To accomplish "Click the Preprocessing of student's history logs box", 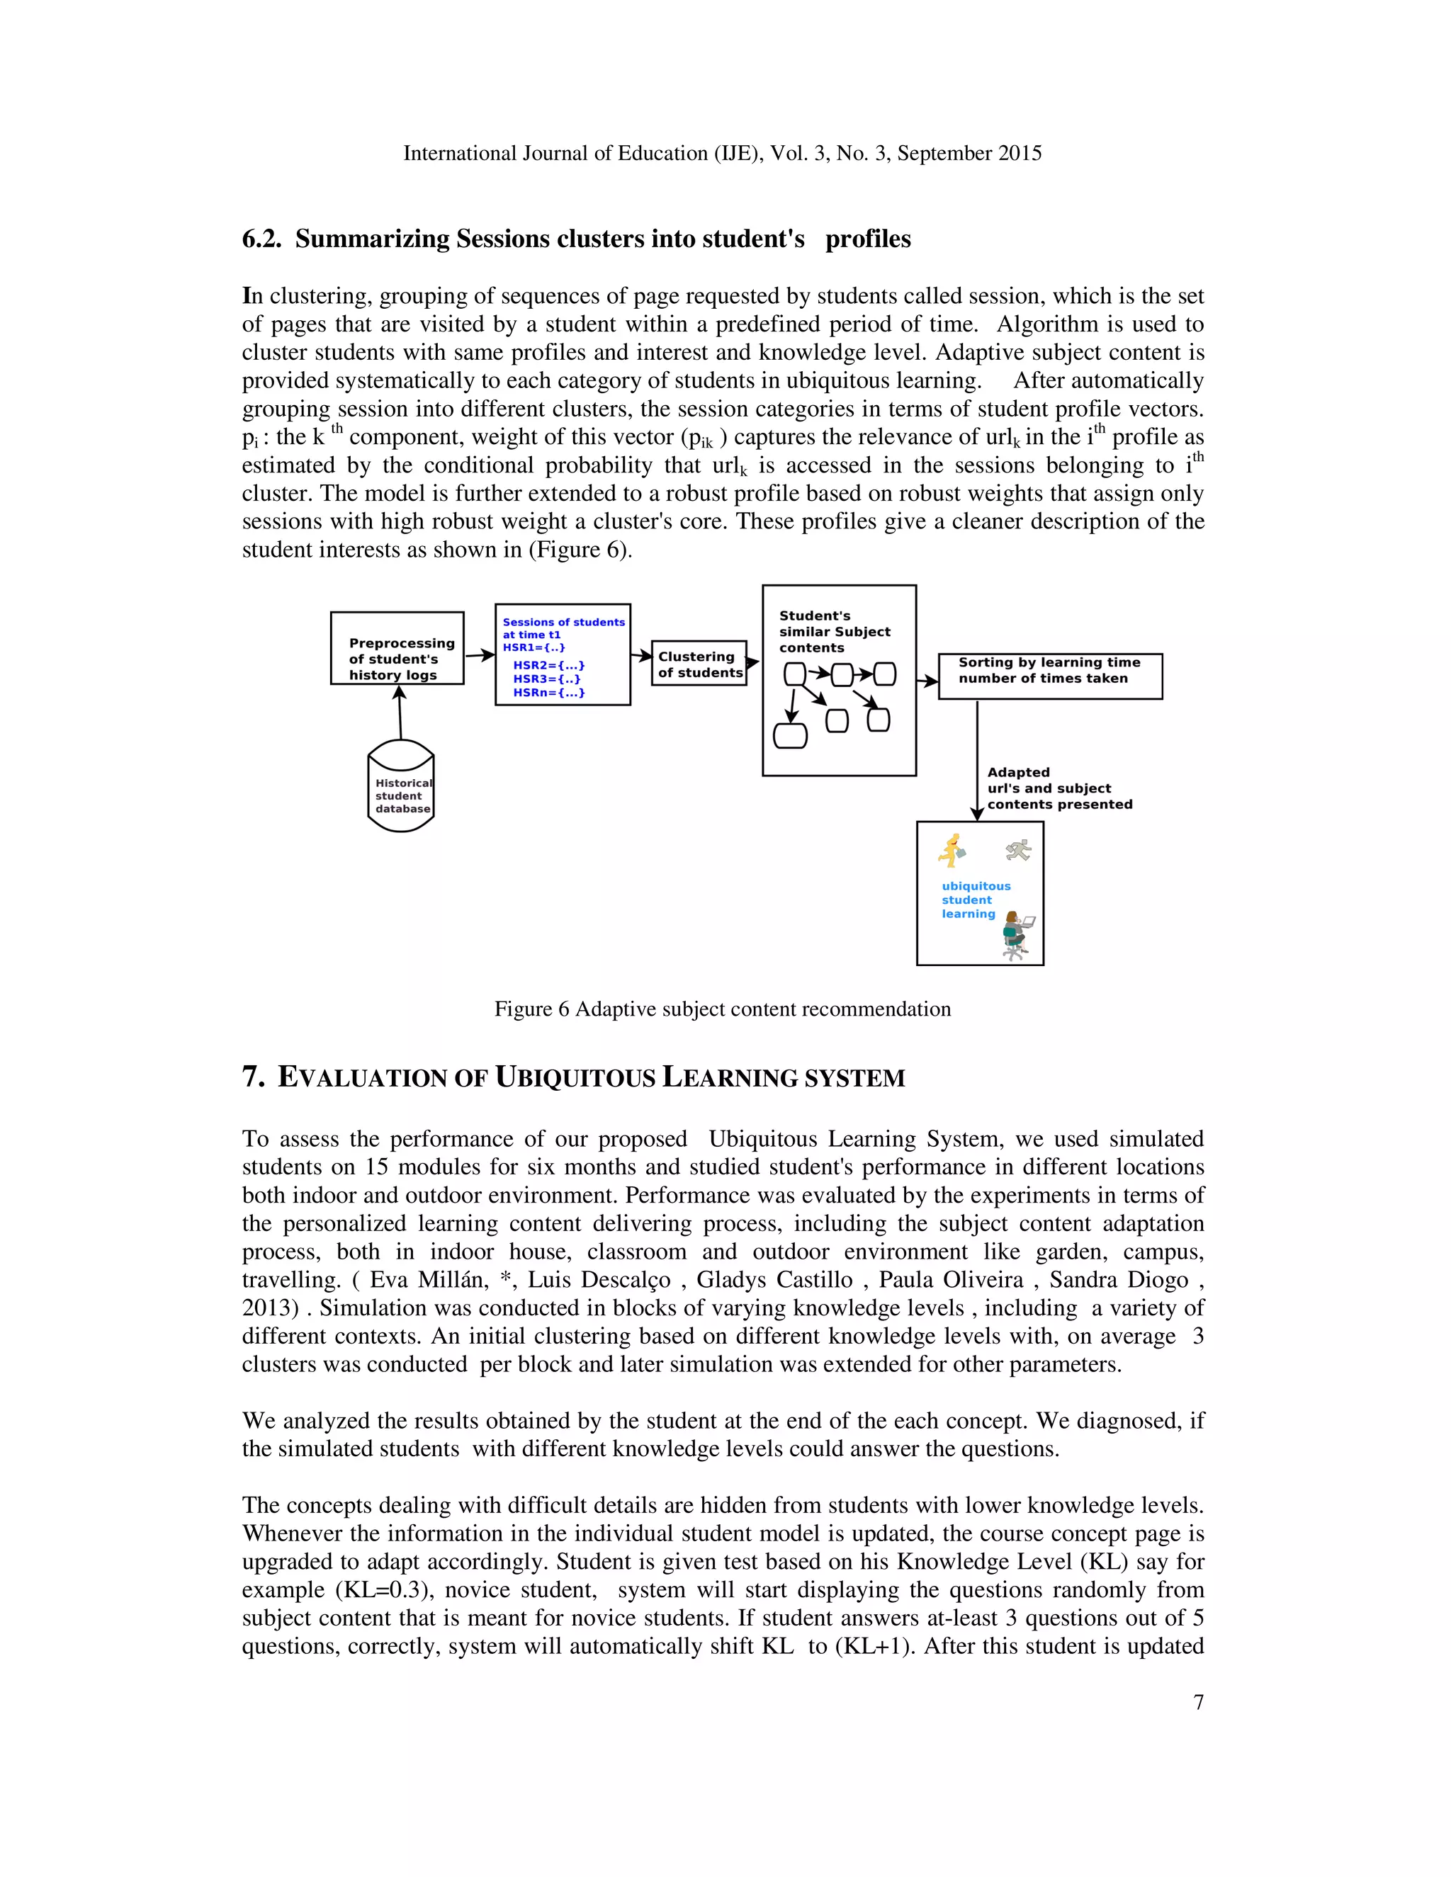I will [x=397, y=648].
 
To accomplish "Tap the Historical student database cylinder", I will [x=400, y=786].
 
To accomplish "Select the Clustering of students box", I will [x=699, y=664].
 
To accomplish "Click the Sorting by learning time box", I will [x=1049, y=676].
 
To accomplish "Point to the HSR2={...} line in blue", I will [x=548, y=665].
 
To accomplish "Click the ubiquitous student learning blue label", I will [x=976, y=900].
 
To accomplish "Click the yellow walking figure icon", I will [x=952, y=850].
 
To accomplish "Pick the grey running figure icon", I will [x=1018, y=850].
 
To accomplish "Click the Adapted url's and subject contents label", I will [x=1059, y=788].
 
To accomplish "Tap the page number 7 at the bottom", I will [x=1198, y=1701].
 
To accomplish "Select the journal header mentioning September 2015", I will [x=722, y=153].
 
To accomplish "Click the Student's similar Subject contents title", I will [x=834, y=632].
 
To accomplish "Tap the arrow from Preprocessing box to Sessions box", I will [x=480, y=655].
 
